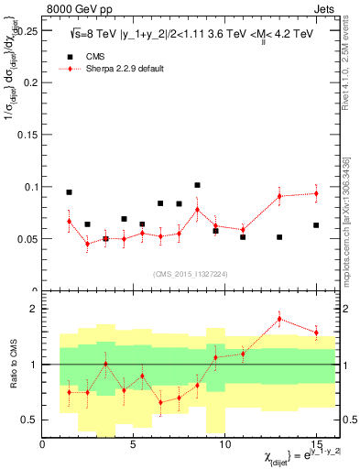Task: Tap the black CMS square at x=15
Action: point(316,225)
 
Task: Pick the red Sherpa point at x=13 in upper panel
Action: point(279,196)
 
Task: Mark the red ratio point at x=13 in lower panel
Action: point(279,320)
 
